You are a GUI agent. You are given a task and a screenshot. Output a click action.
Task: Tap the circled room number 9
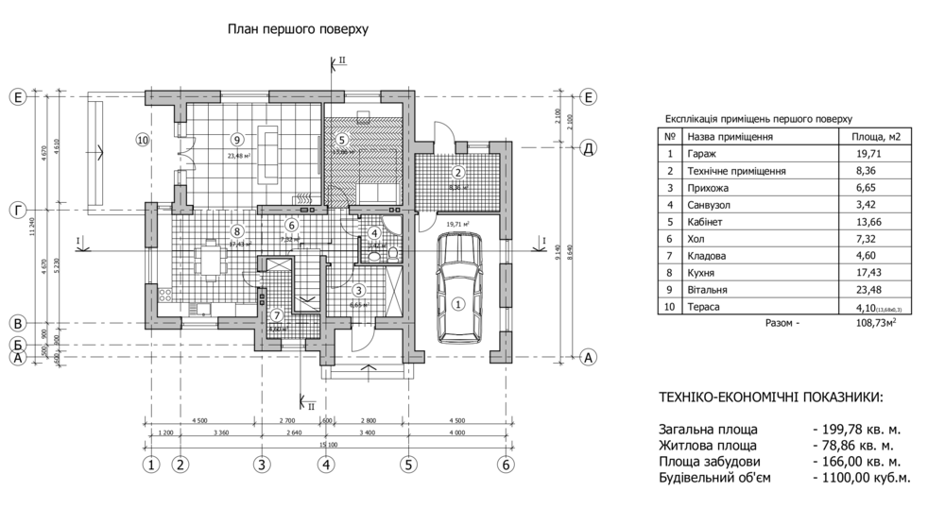point(236,138)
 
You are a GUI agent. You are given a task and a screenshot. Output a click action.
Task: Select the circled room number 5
point(342,139)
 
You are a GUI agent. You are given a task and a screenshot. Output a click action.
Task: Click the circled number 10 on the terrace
point(142,140)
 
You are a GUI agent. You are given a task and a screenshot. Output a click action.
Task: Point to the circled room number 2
point(457,172)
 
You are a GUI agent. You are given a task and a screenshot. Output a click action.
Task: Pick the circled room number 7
point(277,315)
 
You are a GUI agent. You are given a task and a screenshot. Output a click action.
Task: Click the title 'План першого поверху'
point(298,29)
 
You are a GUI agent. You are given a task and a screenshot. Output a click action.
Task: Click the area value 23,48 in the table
point(868,289)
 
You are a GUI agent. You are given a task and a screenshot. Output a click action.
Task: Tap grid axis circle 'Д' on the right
point(587,148)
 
